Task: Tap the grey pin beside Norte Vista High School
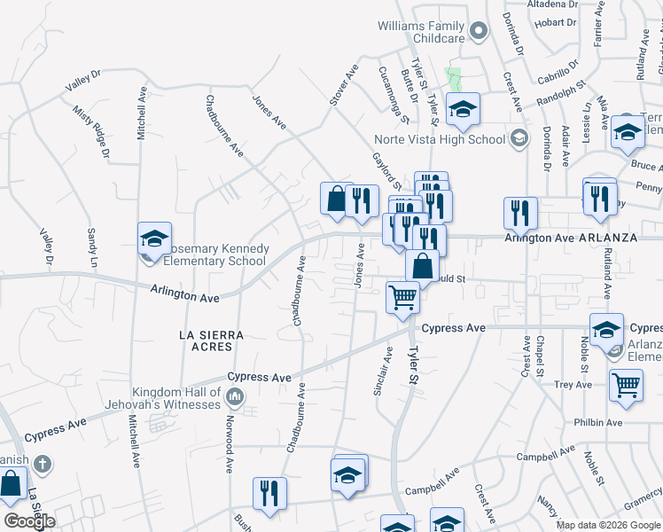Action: (x=519, y=138)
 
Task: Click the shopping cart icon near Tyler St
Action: (x=402, y=297)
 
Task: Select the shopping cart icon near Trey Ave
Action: (x=626, y=386)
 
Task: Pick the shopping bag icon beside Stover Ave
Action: (x=337, y=199)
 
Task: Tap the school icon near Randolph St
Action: (x=462, y=109)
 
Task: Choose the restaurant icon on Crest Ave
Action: (x=519, y=213)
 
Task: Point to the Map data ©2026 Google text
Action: (x=607, y=525)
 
